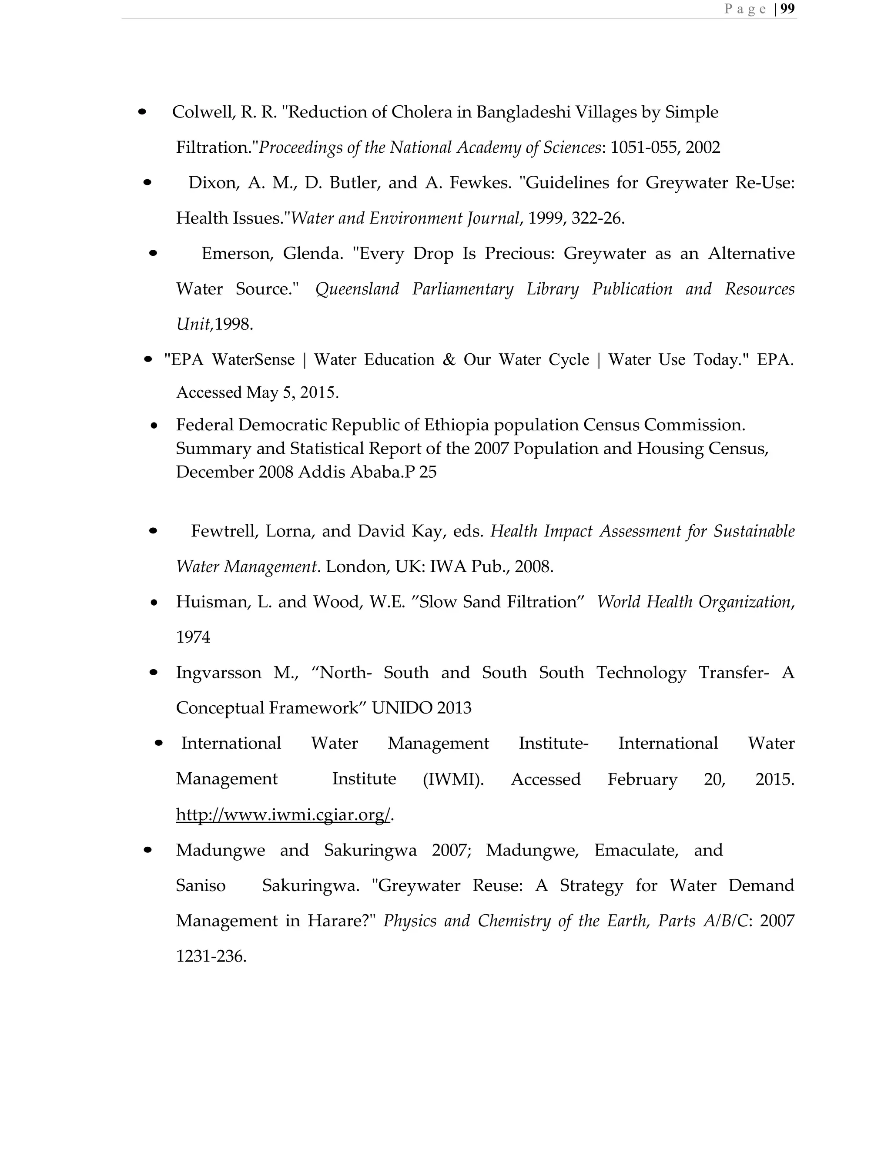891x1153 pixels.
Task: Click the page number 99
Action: coord(787,9)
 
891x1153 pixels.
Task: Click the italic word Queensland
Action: coord(357,289)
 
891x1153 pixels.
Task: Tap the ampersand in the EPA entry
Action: coord(449,359)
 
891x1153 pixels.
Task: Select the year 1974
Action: coord(193,637)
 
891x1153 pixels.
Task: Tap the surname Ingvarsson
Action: coord(218,672)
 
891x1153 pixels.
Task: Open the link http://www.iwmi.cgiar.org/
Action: coord(283,814)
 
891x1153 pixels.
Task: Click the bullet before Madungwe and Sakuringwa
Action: coord(148,850)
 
